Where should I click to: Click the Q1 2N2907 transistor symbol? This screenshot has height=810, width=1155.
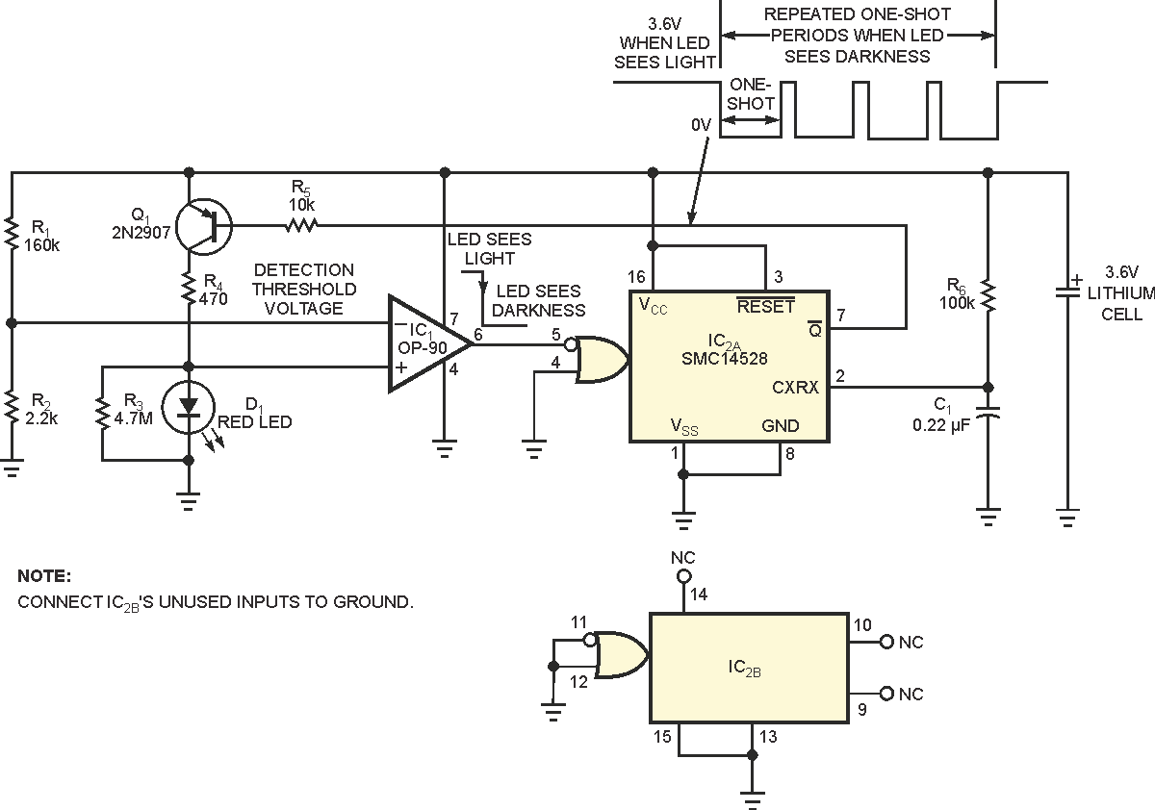[204, 226]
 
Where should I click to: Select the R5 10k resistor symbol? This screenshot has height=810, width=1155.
[301, 225]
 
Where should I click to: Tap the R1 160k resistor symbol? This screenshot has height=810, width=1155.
[12, 234]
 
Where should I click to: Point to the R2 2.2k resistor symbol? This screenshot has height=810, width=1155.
[12, 408]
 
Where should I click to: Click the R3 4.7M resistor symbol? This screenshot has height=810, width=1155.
[103, 412]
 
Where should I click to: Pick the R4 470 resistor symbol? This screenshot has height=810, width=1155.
[189, 290]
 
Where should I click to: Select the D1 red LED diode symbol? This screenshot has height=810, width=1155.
[189, 407]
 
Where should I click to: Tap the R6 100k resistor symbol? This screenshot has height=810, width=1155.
[988, 295]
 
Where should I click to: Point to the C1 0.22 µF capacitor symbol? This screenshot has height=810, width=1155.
[988, 412]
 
